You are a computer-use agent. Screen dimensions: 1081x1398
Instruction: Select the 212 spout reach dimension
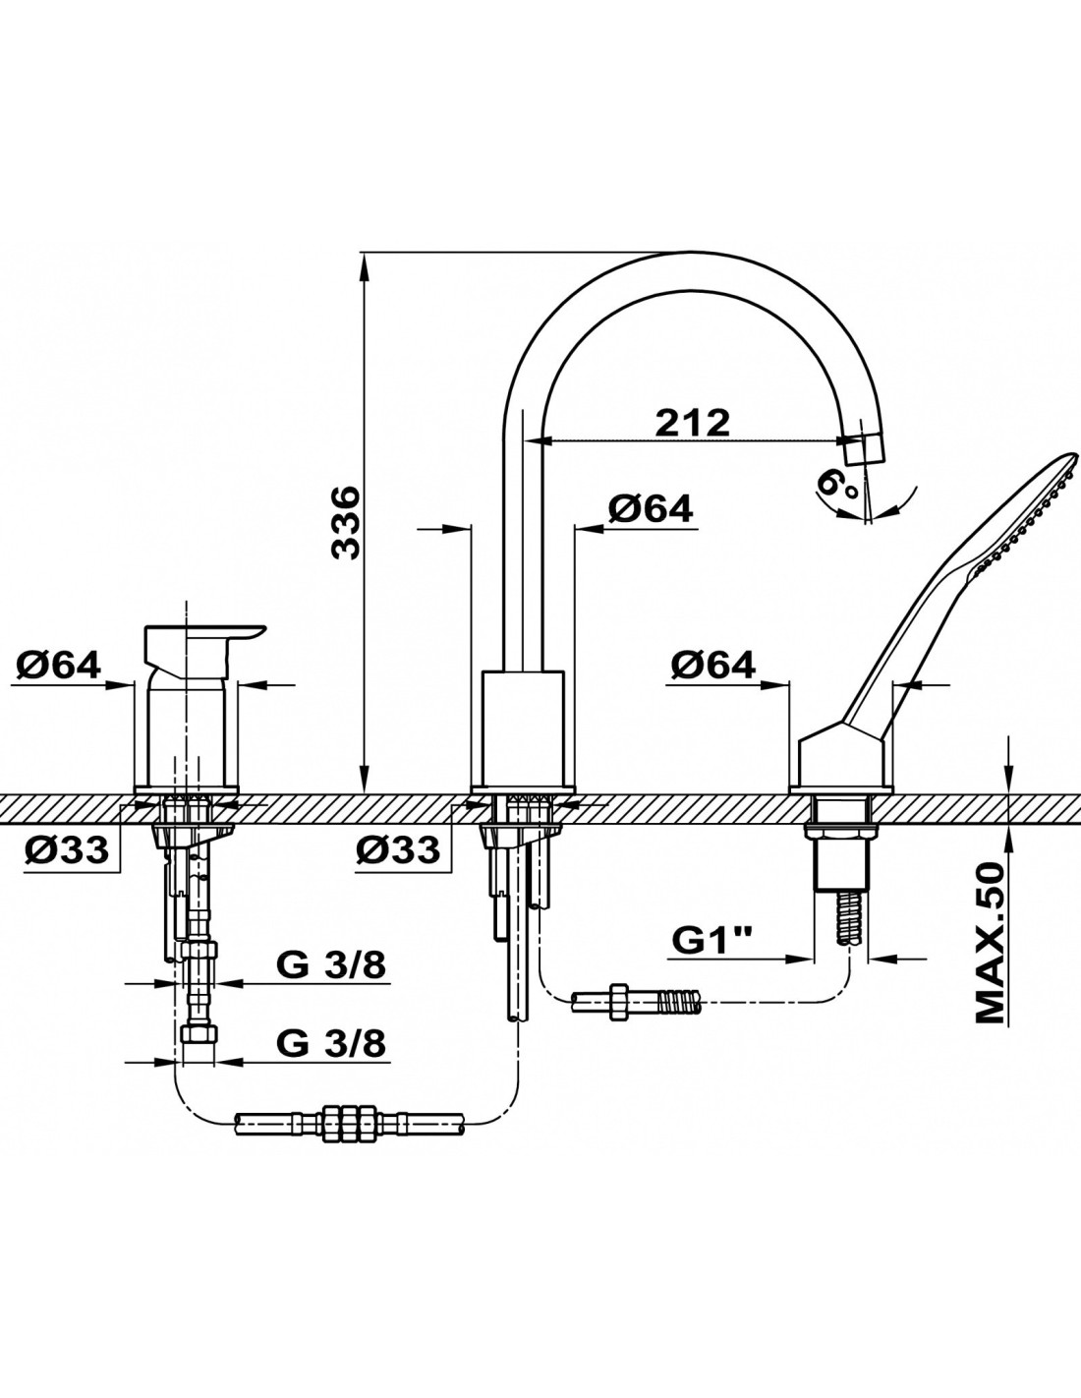coord(693,423)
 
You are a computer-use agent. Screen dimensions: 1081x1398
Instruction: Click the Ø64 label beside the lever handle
coord(59,665)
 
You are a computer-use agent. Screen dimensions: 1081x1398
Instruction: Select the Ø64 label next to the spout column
coord(651,509)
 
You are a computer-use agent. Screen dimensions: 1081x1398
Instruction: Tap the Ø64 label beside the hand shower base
coord(712,665)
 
